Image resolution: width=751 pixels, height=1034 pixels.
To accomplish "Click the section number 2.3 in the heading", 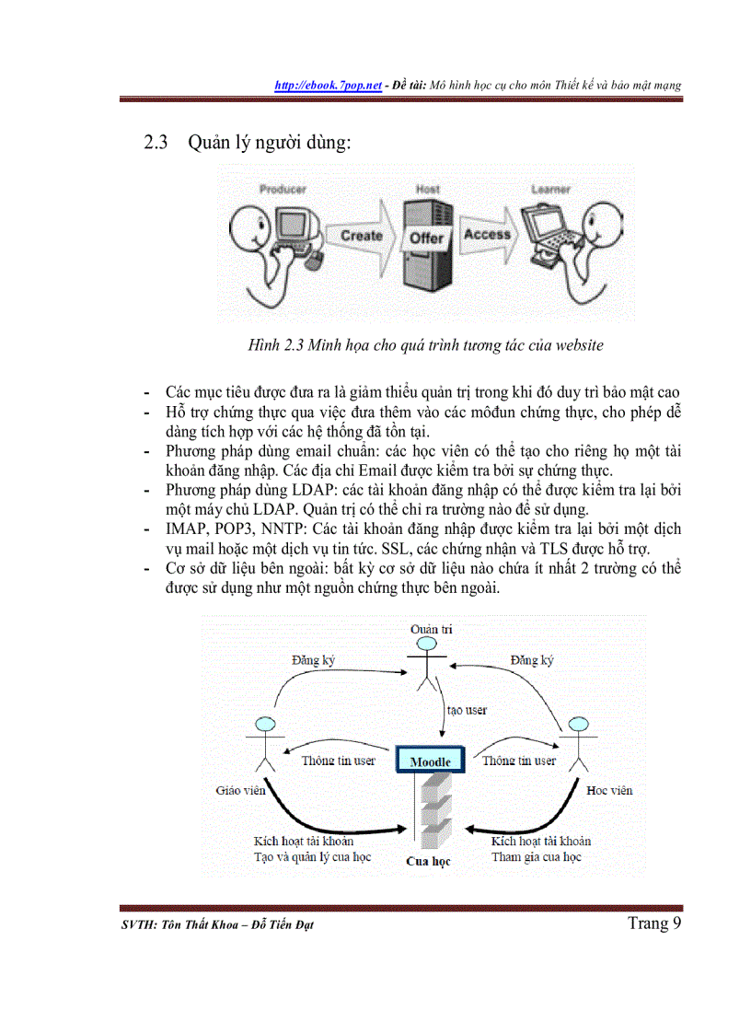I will tap(154, 144).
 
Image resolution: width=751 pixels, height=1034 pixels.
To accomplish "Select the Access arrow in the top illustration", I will tap(487, 235).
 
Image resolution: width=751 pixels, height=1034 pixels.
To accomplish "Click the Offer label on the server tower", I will tap(426, 238).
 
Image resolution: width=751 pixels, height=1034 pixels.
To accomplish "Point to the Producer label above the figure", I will tap(282, 190).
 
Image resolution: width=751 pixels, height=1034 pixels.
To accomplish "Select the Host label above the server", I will tap(428, 189).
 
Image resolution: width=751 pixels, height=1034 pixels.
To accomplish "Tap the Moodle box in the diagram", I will tap(430, 761).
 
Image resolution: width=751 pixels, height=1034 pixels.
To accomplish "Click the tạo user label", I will tap(467, 710).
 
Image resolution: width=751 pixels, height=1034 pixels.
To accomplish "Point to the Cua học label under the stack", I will tap(429, 862).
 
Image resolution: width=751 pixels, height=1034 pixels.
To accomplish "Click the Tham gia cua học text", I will tap(537, 857).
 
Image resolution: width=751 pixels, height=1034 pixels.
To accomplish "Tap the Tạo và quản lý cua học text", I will tap(312, 857).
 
